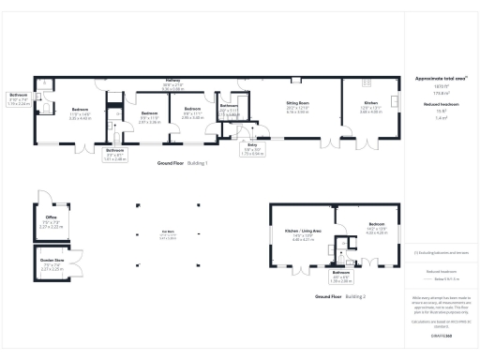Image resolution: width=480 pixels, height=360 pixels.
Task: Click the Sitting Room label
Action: tap(297, 108)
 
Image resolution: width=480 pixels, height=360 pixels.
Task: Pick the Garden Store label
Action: tap(52, 265)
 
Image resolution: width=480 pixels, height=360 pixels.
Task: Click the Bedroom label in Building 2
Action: tap(377, 226)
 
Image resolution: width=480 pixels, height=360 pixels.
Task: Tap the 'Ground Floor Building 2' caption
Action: tap(340, 296)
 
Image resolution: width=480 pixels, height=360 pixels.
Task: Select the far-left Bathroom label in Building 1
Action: tap(19, 97)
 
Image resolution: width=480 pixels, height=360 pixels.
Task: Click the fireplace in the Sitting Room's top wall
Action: tap(296, 79)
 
